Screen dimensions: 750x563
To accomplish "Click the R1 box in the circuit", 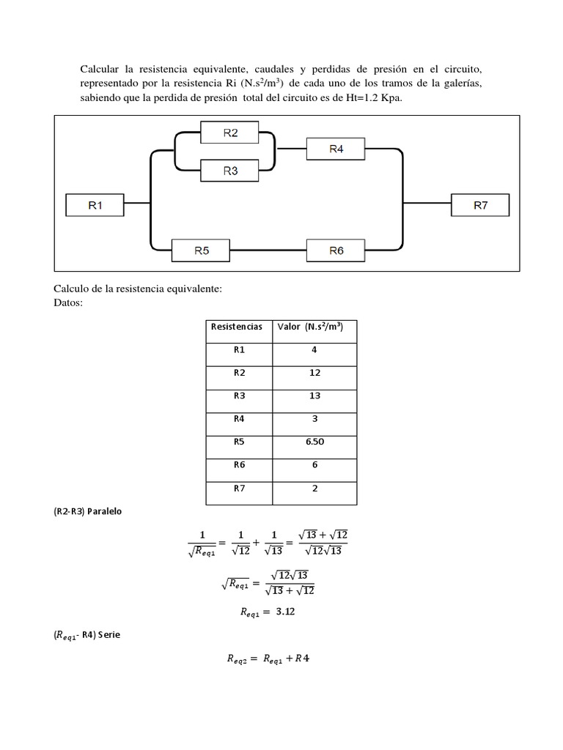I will [x=95, y=206].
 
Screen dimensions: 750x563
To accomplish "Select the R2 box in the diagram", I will [x=230, y=133].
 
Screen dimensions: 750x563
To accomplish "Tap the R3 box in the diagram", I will [x=230, y=171].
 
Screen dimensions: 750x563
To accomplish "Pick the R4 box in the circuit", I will [x=336, y=149].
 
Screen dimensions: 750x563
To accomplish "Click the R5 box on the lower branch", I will [x=202, y=250].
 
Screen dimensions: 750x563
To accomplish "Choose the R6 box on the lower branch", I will [x=336, y=250].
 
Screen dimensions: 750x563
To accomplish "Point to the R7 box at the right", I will [x=480, y=206].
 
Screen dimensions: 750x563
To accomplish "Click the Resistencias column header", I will [x=237, y=327].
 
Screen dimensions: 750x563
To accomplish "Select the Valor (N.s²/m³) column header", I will [x=314, y=327].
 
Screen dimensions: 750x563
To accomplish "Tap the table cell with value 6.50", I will [x=314, y=442].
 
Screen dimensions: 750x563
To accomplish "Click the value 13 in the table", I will [x=314, y=396].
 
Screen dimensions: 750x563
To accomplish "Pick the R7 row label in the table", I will [x=239, y=489].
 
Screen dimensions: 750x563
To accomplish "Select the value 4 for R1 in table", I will [x=314, y=350].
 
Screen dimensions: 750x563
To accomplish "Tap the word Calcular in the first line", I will [x=101, y=69].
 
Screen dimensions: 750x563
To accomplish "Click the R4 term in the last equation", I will [x=301, y=658].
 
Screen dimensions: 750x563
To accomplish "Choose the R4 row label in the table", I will [x=239, y=420].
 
